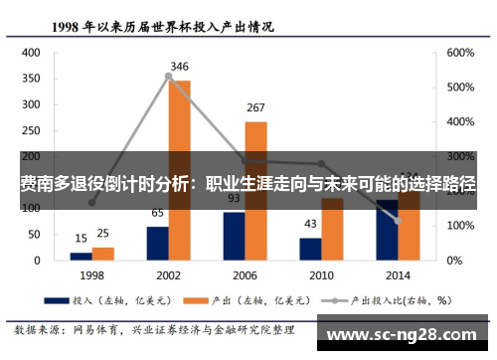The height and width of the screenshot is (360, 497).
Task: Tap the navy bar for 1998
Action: pyautogui.click(x=81, y=256)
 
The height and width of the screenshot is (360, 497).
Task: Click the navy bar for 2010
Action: pyautogui.click(x=310, y=249)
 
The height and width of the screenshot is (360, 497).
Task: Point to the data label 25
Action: pyautogui.click(x=103, y=235)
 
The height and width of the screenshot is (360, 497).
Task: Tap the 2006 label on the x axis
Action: pyautogui.click(x=245, y=273)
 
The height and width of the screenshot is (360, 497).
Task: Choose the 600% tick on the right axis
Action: pyautogui.click(x=461, y=54)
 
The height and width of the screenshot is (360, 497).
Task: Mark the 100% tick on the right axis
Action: pyautogui.click(x=461, y=226)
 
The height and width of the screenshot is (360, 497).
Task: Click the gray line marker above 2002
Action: pyautogui.click(x=169, y=76)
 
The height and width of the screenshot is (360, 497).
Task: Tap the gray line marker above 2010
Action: pyautogui.click(x=321, y=164)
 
